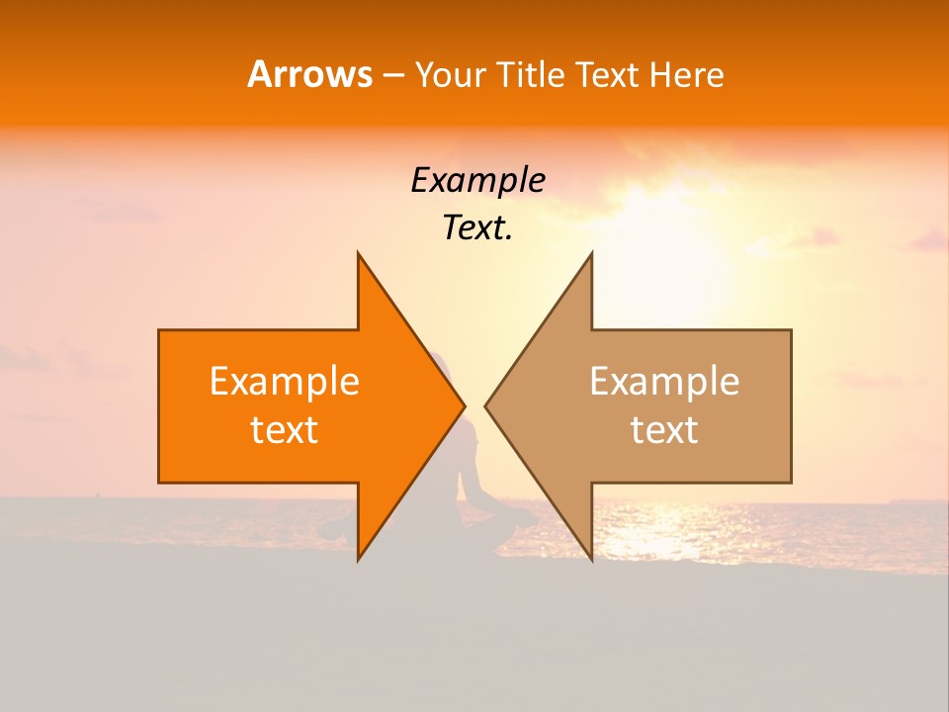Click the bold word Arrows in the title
[x=309, y=74]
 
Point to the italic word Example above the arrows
[x=477, y=180]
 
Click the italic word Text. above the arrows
[x=477, y=227]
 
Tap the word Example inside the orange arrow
[x=285, y=381]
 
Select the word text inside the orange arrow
[x=285, y=429]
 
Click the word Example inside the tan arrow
[x=664, y=381]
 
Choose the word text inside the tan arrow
[x=664, y=429]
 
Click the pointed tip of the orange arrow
[x=464, y=405]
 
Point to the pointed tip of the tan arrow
[x=485, y=405]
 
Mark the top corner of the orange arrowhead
[x=358, y=253]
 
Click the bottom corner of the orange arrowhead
[x=358, y=560]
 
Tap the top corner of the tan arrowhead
[x=591, y=253]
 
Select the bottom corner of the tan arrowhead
[x=591, y=560]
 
